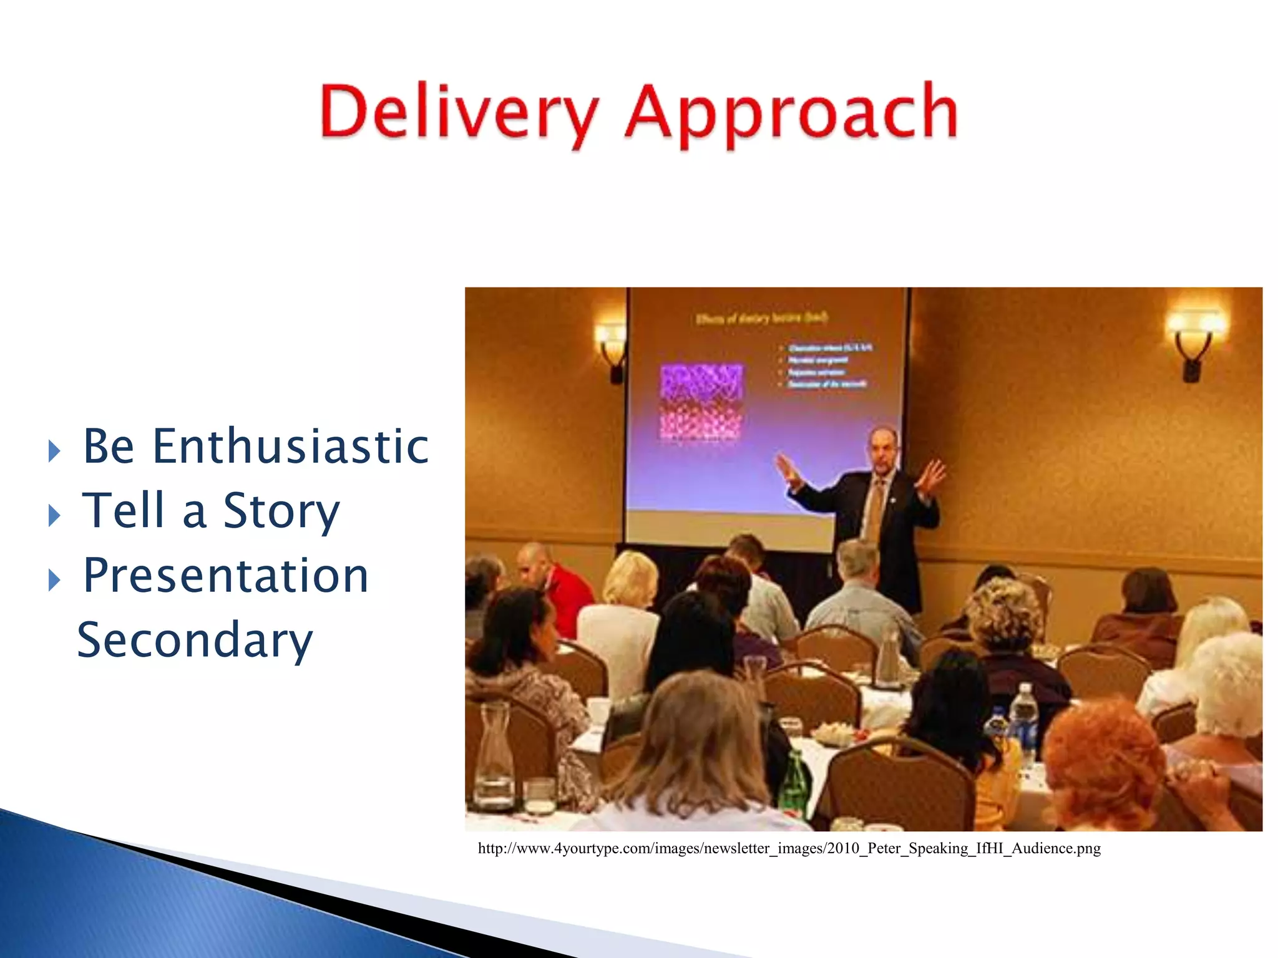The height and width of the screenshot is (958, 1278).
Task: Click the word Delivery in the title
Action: click(459, 112)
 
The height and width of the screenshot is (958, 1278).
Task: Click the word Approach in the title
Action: click(791, 114)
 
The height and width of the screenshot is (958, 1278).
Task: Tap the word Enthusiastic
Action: click(290, 447)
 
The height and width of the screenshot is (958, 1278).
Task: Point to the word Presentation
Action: click(226, 575)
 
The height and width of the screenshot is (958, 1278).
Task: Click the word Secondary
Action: click(195, 641)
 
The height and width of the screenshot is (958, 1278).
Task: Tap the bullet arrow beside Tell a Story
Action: click(55, 515)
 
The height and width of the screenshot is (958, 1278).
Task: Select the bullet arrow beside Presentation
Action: click(55, 580)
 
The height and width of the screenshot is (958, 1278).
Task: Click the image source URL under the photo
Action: click(789, 848)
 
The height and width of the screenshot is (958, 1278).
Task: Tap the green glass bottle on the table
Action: click(794, 783)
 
